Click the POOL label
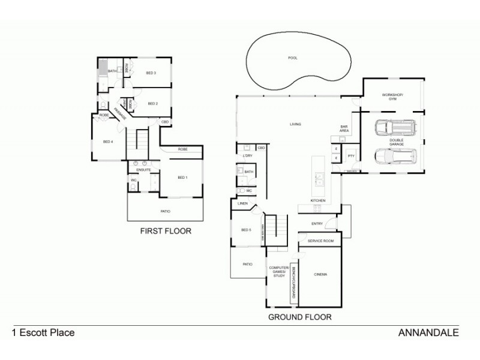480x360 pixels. (293, 58)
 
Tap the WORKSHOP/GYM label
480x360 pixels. (394, 97)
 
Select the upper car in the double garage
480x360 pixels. (394, 127)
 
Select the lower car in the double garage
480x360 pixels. (394, 156)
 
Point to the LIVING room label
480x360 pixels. (295, 124)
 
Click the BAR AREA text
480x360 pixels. (344, 128)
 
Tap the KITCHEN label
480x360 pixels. (317, 200)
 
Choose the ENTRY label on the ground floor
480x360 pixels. (317, 224)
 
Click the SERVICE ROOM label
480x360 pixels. (320, 241)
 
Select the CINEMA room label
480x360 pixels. (320, 274)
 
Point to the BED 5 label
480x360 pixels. (246, 230)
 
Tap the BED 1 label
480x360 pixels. (182, 178)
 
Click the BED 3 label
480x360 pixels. (151, 73)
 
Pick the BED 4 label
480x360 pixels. (108, 142)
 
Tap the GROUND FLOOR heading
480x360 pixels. (299, 316)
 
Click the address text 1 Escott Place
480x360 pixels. (43, 332)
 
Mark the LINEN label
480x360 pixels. (243, 204)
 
